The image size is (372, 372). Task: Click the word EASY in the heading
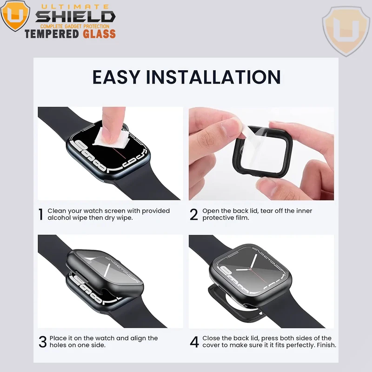tap(116, 77)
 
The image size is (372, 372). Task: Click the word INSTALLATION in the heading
tap(213, 77)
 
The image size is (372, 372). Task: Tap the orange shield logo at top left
tap(15, 16)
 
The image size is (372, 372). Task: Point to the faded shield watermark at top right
tap(345, 31)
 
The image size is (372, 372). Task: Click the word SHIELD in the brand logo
tap(75, 17)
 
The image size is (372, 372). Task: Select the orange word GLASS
tap(99, 34)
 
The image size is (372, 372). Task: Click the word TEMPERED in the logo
tap(52, 34)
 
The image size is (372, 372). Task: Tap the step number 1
tap(41, 214)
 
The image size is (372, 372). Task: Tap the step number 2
tap(194, 214)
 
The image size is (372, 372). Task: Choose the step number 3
tap(43, 342)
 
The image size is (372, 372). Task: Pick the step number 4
tap(194, 342)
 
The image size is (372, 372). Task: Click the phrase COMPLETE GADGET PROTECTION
tap(75, 27)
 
